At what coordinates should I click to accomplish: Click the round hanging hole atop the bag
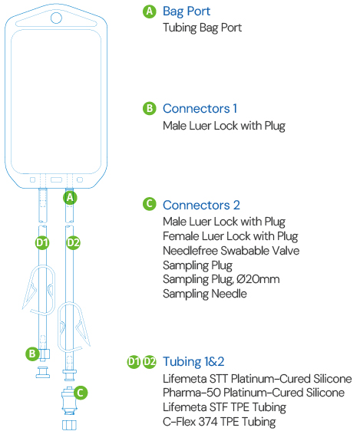[x=56, y=18]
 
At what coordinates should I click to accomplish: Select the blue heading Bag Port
[x=187, y=12]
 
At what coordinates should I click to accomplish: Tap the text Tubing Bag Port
[x=202, y=28]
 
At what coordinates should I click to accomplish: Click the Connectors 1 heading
[x=200, y=109]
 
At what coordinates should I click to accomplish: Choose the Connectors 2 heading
[x=201, y=205]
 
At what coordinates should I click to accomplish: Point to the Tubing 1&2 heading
[x=193, y=362]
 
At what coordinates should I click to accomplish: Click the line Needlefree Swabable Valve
[x=231, y=251]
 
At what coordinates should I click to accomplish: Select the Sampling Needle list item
[x=205, y=294]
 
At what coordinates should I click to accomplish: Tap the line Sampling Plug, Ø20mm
[x=221, y=280]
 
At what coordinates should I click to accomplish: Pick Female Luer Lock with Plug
[x=230, y=236]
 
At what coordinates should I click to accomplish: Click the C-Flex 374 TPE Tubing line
[x=220, y=421]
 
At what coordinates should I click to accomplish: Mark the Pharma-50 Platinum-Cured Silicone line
[x=253, y=393]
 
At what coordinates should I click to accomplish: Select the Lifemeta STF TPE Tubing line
[x=224, y=407]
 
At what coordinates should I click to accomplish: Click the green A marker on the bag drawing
[x=70, y=197]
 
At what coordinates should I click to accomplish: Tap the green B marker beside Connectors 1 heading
[x=150, y=109]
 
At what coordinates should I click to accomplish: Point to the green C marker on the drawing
[x=81, y=393]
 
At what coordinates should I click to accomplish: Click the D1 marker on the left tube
[x=42, y=242]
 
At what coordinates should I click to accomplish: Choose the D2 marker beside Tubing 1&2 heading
[x=150, y=362]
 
